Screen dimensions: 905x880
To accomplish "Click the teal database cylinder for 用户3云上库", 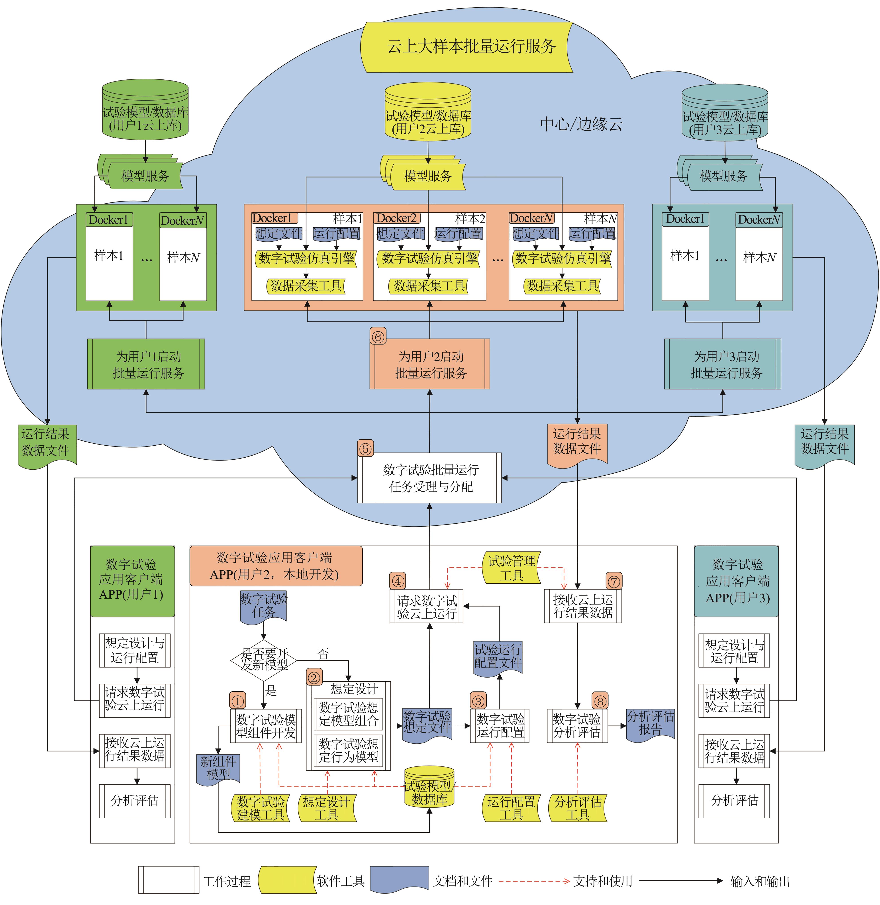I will pos(725,113).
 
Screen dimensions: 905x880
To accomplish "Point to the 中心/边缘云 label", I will pos(581,124).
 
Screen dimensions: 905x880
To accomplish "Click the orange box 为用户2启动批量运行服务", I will pos(430,364).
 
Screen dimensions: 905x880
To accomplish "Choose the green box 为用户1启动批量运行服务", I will pos(146,364).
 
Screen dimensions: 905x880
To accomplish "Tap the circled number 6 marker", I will pos(378,337).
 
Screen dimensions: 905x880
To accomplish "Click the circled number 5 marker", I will pos(366,448).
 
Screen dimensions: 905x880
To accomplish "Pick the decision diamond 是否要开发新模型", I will pos(264,660).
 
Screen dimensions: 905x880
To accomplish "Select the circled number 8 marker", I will pos(600,701).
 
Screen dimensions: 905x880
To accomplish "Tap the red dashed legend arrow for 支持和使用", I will pos(534,881).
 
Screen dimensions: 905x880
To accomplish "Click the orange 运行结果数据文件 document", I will pos(577,443).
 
